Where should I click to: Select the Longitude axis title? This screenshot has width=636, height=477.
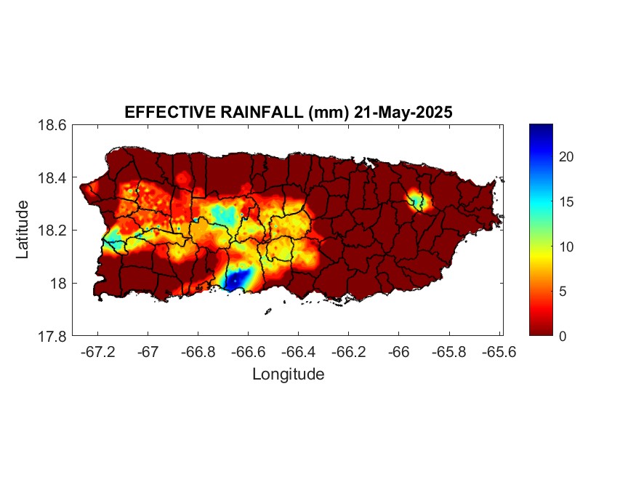click(288, 374)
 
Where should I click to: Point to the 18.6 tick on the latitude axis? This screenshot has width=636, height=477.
click(52, 125)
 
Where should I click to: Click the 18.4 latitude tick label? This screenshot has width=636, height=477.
click(52, 178)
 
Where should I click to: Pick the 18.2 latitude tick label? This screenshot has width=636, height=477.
click(52, 231)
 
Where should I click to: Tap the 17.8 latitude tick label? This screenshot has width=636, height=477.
click(52, 336)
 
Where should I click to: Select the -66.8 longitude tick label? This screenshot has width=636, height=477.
click(198, 351)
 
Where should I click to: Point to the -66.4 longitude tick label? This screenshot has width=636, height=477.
click(298, 351)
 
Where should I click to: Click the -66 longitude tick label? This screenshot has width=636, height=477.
click(398, 351)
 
